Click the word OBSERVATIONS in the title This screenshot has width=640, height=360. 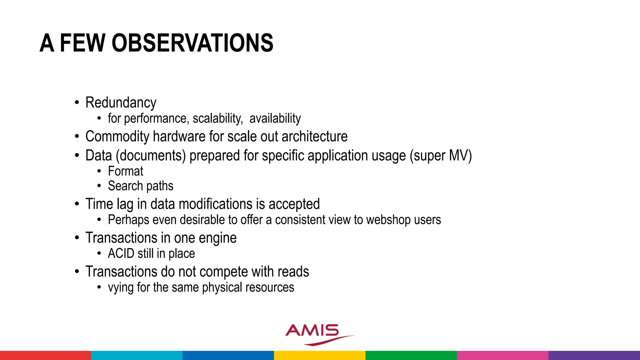pyautogui.click(x=192, y=43)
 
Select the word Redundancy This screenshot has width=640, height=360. pyautogui.click(x=121, y=103)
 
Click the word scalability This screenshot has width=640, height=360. pyautogui.click(x=217, y=118)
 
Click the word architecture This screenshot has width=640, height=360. pyautogui.click(x=314, y=137)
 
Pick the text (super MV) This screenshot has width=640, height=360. pyautogui.click(x=441, y=156)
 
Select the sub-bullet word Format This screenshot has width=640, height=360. pyautogui.click(x=125, y=171)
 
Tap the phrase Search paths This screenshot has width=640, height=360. pyautogui.click(x=140, y=186)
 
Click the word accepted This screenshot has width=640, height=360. pyautogui.click(x=294, y=204)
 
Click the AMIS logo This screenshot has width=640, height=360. pyautogui.click(x=316, y=333)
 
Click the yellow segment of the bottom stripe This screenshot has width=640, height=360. pyautogui.click(x=319, y=355)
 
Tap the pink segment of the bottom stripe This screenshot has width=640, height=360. pyautogui.click(x=502, y=355)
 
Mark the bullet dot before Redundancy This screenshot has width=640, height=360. pyautogui.click(x=77, y=102)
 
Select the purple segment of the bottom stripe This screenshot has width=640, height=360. pyautogui.click(x=594, y=355)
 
